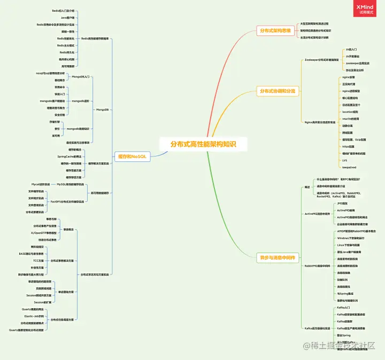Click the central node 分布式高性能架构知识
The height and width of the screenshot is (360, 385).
[x=203, y=144]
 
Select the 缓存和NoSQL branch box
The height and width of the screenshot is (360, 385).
[x=132, y=156]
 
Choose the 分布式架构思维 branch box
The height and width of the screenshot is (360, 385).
[x=275, y=30]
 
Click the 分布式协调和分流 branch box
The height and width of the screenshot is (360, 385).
[x=277, y=91]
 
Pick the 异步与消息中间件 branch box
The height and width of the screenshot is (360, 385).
[x=277, y=258]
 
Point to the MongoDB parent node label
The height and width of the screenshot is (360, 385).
[x=102, y=109]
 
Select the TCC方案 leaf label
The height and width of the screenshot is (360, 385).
[x=38, y=260]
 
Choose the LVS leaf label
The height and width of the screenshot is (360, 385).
[x=345, y=160]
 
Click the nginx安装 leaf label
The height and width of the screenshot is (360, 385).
[x=349, y=77]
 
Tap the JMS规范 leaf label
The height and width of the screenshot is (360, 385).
[x=342, y=204]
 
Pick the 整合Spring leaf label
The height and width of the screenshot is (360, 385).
[x=344, y=335]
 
